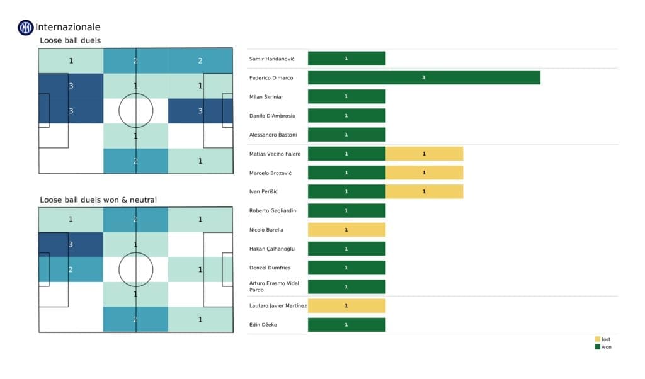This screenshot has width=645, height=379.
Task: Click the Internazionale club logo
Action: pyautogui.click(x=26, y=27)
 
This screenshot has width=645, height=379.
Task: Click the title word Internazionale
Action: pyautogui.click(x=68, y=27)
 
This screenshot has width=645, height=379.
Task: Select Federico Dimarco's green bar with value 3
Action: pyautogui.click(x=424, y=77)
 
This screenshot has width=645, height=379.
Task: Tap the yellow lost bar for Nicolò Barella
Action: pyautogui.click(x=346, y=230)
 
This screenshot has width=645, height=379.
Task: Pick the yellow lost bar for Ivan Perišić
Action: pyautogui.click(x=424, y=191)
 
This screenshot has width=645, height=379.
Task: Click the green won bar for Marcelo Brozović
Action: pyautogui.click(x=346, y=173)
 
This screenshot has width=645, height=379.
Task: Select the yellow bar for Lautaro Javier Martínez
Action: pyautogui.click(x=346, y=306)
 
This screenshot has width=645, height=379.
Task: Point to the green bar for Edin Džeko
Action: pyautogui.click(x=346, y=325)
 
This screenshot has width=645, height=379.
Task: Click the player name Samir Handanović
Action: pyautogui.click(x=268, y=59)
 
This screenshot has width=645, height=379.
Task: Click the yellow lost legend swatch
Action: pyautogui.click(x=597, y=339)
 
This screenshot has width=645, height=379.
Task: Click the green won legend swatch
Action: pyautogui.click(x=597, y=347)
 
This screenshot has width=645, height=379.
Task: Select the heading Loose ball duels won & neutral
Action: pyautogui.click(x=98, y=200)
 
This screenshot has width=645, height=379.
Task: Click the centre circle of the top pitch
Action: pyautogui.click(x=135, y=111)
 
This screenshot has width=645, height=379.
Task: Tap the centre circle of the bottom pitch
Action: pyautogui.click(x=135, y=269)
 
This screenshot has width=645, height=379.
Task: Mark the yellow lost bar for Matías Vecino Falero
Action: pyautogui.click(x=424, y=154)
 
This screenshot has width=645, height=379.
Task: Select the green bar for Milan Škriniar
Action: pyautogui.click(x=346, y=96)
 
